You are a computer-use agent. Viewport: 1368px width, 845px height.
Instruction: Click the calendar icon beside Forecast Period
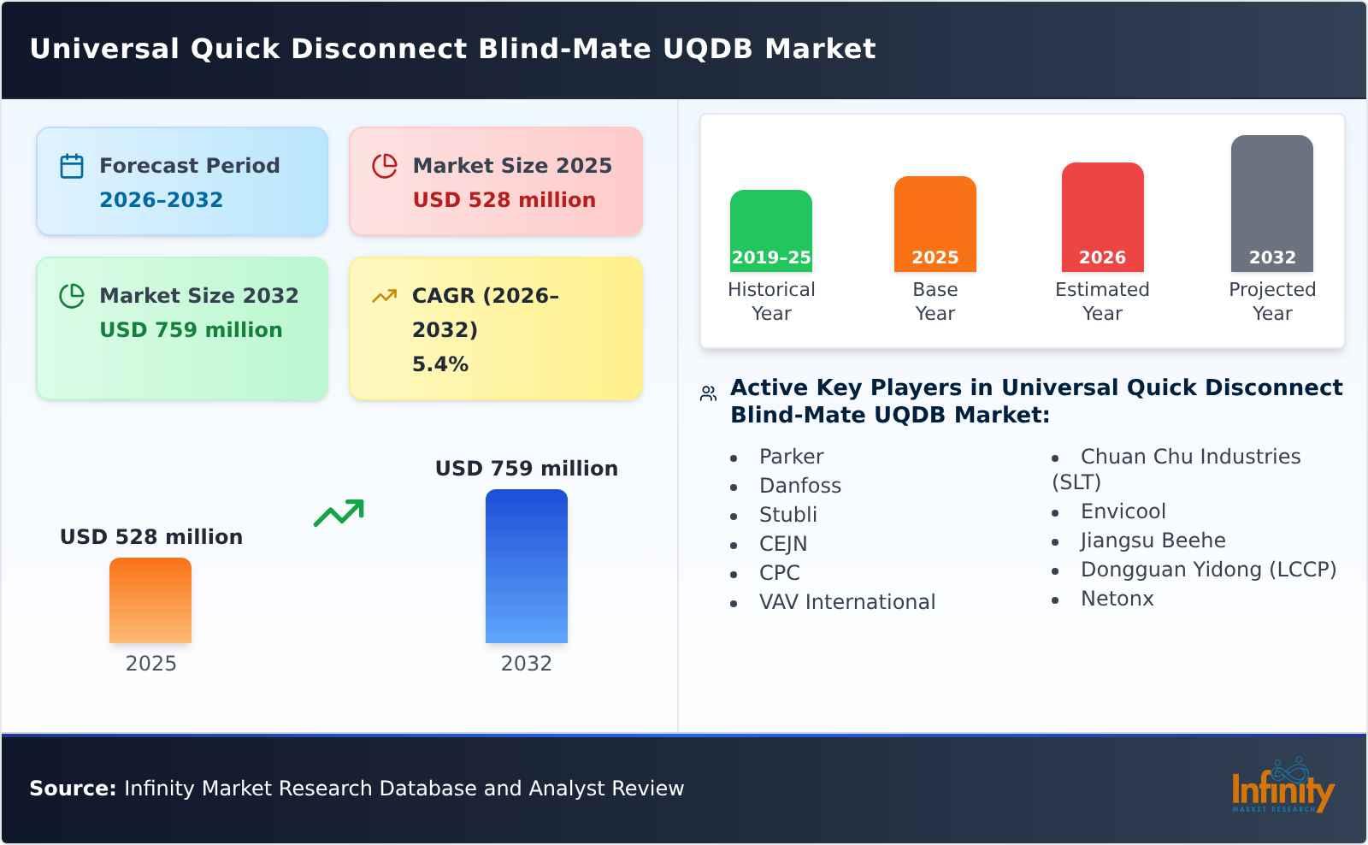pyautogui.click(x=72, y=166)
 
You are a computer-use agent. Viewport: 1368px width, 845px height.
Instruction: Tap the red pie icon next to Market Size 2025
pyautogui.click(x=385, y=166)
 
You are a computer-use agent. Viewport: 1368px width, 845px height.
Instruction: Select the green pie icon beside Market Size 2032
pyautogui.click(x=72, y=296)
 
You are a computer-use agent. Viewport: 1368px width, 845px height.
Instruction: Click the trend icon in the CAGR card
pyautogui.click(x=385, y=296)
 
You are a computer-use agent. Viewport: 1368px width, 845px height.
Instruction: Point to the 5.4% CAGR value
pyautogui.click(x=439, y=364)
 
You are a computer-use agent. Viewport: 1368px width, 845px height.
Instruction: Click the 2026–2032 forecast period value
pyautogui.click(x=161, y=200)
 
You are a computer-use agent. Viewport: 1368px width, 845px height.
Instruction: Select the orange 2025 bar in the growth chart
pyautogui.click(x=150, y=600)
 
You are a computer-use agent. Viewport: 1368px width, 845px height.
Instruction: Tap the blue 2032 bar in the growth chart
pyautogui.click(x=526, y=566)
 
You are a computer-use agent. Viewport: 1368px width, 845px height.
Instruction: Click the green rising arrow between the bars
pyautogui.click(x=339, y=513)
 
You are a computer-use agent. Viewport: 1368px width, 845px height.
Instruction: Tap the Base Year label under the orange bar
pyautogui.click(x=935, y=301)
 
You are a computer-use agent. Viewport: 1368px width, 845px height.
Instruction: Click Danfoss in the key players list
pyautogui.click(x=799, y=486)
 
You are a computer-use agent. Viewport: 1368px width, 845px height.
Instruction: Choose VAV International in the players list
pyautogui.click(x=846, y=602)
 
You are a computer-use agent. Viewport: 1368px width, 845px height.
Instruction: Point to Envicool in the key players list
pyautogui.click(x=1123, y=511)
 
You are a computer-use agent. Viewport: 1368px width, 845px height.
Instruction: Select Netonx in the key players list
pyautogui.click(x=1117, y=599)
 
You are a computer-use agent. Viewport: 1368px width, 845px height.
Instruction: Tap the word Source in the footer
pyautogui.click(x=72, y=789)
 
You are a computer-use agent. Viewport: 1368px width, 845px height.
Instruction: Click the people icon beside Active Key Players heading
pyautogui.click(x=708, y=393)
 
